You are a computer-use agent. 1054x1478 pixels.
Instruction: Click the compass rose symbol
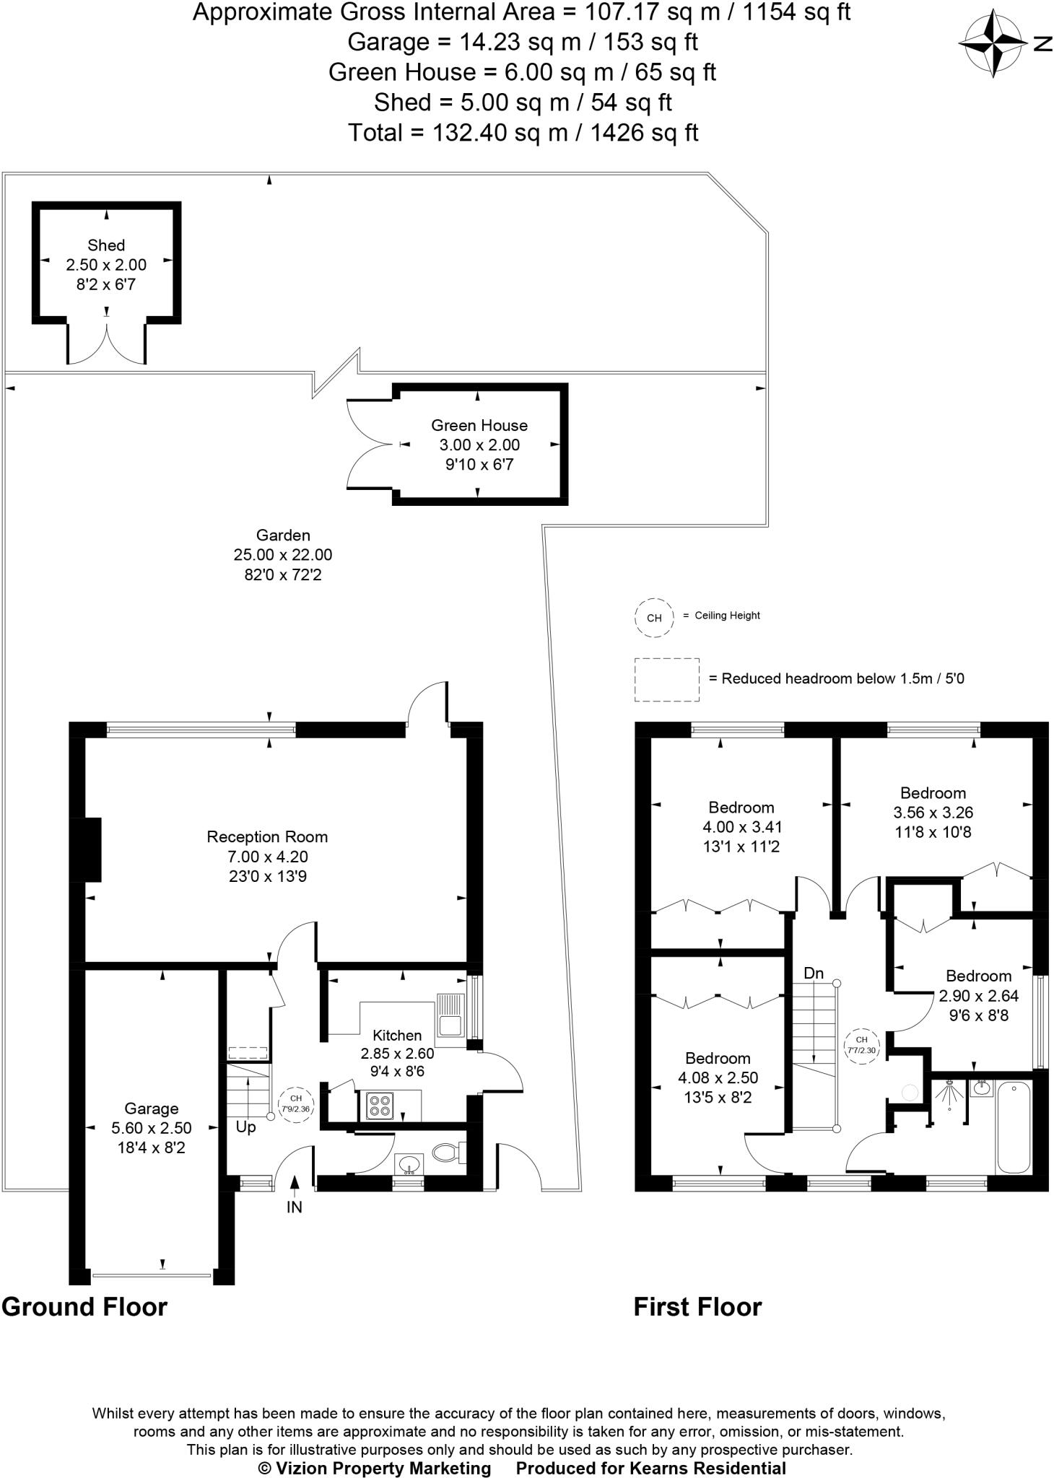point(994,43)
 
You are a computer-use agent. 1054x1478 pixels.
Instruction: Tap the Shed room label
point(106,245)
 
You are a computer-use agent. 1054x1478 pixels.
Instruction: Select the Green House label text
point(479,426)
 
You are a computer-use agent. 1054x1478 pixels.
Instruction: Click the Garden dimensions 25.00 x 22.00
point(283,555)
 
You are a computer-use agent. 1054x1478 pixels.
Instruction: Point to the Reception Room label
point(267,837)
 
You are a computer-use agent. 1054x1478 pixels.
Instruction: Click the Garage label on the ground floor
point(151,1108)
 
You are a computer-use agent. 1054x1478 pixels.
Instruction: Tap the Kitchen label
point(397,1035)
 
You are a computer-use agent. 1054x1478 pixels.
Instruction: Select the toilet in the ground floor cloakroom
point(447,1153)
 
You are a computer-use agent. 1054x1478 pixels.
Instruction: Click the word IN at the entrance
point(295,1207)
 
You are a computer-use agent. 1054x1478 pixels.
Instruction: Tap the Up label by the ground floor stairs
point(245,1127)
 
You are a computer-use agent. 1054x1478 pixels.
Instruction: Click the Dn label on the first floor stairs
point(814,974)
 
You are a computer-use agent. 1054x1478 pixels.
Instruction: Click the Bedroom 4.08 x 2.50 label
point(718,1059)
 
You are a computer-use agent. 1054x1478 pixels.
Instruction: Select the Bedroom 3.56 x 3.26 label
point(933,793)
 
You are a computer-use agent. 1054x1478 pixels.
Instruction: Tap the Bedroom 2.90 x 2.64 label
point(978,976)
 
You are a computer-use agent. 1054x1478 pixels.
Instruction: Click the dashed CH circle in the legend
point(654,618)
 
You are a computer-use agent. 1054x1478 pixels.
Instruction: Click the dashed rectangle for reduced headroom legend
point(666,679)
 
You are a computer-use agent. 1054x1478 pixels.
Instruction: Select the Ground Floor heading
point(84,1307)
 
